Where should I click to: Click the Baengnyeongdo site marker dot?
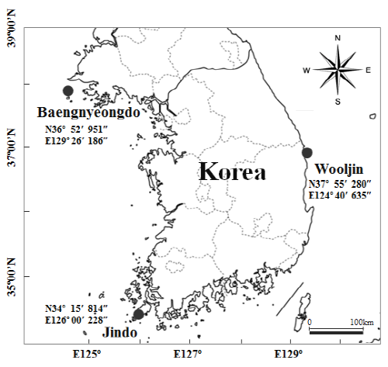pos(68,91)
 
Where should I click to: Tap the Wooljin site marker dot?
pos(307,152)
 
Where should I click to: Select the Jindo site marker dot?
pos(139,314)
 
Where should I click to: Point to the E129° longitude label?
pos(291,355)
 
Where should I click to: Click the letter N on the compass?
pos(338,37)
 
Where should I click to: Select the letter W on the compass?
pos(307,71)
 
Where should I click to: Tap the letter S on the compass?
pos(338,102)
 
